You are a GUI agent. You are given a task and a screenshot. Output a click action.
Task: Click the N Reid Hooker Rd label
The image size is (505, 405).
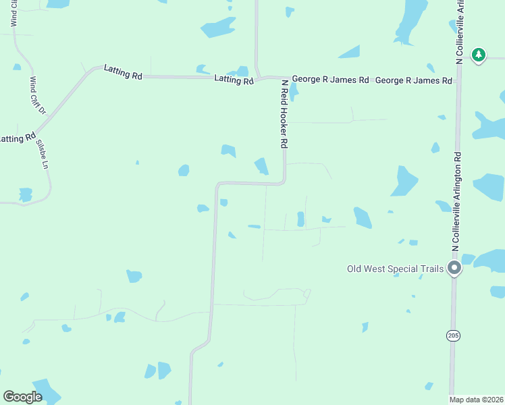pos(285,114)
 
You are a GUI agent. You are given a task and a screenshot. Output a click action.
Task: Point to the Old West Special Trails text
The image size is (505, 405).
pos(395,269)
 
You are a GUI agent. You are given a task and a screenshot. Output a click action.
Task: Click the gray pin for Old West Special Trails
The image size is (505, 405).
pos(455,269)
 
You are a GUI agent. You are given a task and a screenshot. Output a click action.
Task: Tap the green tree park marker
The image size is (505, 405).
pos(479,55)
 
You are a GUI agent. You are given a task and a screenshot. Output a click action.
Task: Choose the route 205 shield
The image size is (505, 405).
pos(452,335)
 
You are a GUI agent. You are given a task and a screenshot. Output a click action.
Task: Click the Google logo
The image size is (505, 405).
pos(22,396)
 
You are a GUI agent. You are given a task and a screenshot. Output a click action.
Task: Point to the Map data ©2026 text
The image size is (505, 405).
pos(476,400)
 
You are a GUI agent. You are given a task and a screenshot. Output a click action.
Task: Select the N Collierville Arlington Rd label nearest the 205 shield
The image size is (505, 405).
pos(457,202)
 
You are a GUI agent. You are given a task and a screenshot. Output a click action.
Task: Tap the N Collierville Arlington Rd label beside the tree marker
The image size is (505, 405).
pos(459,32)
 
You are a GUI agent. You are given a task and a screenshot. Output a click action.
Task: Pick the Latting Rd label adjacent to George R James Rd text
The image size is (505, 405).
pos(233,80)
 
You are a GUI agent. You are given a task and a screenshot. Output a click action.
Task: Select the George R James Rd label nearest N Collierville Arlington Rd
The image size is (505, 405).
pos(413,80)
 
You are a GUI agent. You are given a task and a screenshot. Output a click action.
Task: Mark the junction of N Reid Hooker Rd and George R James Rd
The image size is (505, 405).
pos(284,78)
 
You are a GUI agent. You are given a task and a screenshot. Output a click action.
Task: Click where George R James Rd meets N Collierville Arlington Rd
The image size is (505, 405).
pos(458,81)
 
